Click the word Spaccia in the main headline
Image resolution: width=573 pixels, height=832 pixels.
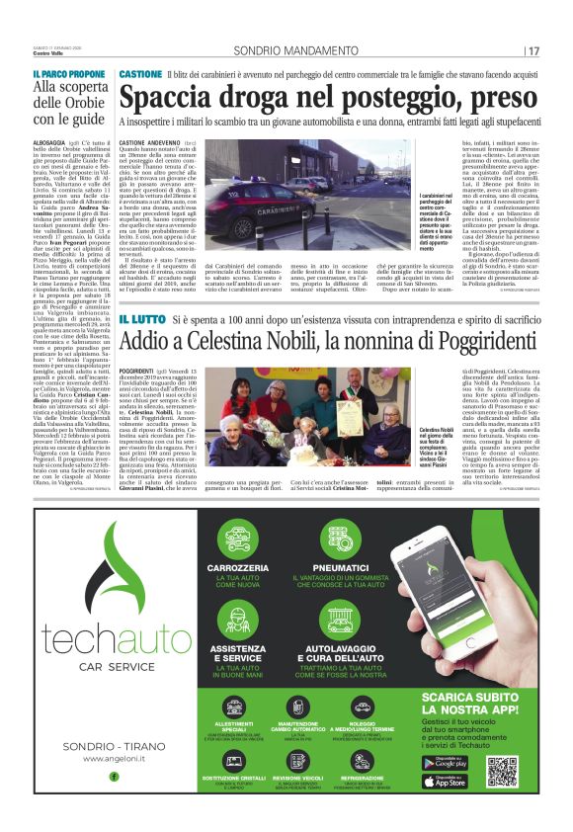pos(169,99)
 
